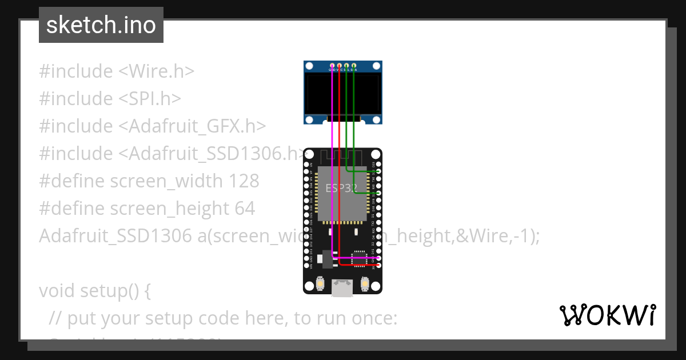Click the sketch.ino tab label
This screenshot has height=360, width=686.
tap(101, 25)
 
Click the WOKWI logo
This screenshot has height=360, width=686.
tap(607, 315)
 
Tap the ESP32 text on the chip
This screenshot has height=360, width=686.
tap(341, 188)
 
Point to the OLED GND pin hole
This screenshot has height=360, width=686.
tap(333, 67)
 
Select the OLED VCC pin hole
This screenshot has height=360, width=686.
tap(340, 67)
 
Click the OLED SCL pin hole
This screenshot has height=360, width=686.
tap(347, 67)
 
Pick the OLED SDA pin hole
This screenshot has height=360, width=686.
tap(354, 67)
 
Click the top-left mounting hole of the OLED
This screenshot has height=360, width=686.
tap(309, 66)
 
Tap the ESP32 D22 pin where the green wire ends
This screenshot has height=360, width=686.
tap(378, 171)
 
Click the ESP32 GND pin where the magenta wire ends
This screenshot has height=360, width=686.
tap(378, 258)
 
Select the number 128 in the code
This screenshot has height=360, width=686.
tap(244, 181)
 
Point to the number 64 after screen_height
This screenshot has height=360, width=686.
tap(245, 209)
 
